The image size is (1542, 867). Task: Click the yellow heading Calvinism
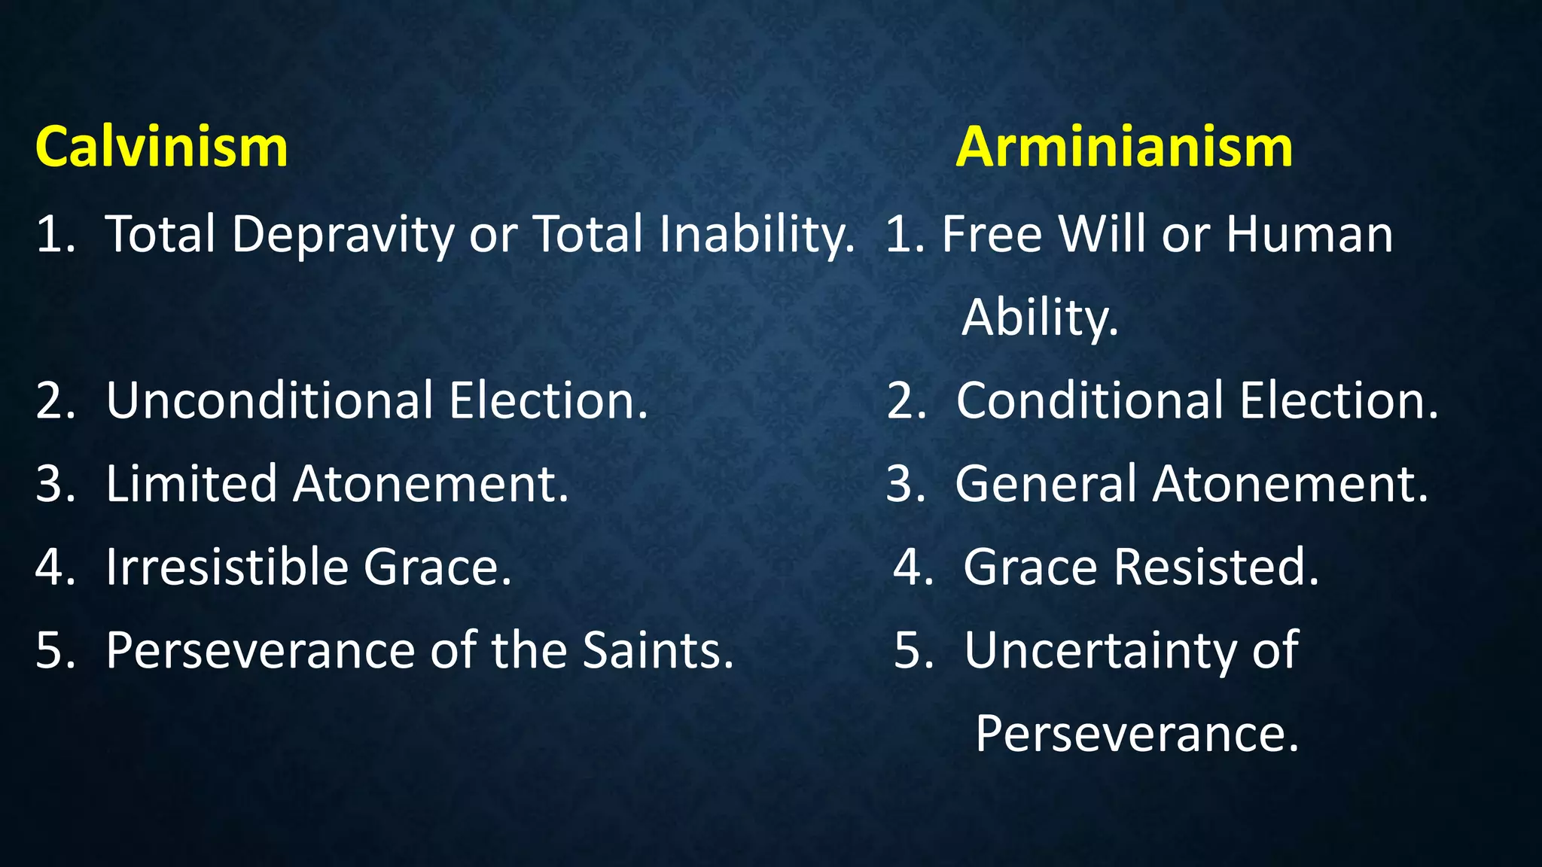tap(161, 147)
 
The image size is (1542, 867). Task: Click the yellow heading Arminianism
tap(1123, 147)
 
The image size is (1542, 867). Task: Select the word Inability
tap(757, 235)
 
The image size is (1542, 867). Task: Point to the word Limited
tap(191, 484)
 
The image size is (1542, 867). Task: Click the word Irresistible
tap(226, 567)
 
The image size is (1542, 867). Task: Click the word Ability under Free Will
tap(1040, 318)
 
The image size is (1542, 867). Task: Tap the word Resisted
tap(1216, 567)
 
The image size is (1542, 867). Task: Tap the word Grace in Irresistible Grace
tap(437, 567)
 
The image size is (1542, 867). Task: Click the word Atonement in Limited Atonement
tap(430, 484)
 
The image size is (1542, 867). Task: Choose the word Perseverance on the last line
tap(1137, 734)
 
